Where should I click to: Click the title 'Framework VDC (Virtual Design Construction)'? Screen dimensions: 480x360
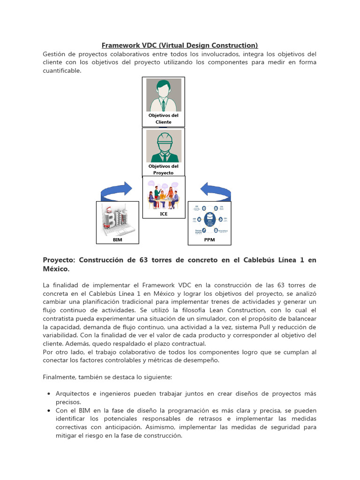[180, 45]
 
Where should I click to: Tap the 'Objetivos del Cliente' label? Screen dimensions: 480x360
[163, 119]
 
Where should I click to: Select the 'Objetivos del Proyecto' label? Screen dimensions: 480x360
[163, 169]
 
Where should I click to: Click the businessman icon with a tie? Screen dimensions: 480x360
[163, 95]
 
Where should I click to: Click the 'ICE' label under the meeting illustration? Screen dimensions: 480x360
[164, 214]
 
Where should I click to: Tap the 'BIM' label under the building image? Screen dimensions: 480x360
[117, 240]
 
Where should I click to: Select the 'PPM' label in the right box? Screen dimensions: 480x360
[209, 240]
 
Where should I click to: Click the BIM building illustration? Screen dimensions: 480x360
[117, 219]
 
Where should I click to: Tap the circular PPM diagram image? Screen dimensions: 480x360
[209, 219]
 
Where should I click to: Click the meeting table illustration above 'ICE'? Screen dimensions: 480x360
[164, 195]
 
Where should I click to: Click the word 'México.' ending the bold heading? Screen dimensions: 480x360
[56, 269]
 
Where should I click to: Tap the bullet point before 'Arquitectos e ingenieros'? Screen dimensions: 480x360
[50, 394]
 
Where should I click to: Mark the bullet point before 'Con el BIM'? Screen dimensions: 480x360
[50, 411]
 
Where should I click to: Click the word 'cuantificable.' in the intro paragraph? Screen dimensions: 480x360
[62, 71]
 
